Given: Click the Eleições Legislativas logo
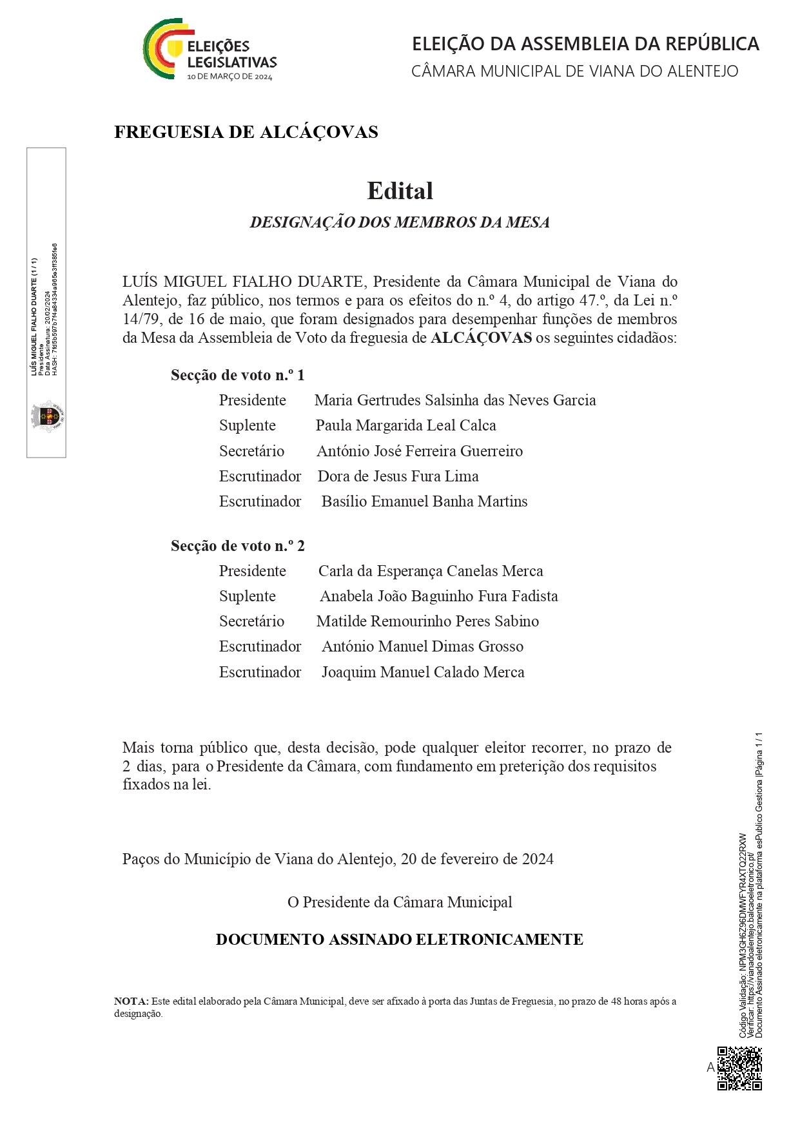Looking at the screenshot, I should point(210,50).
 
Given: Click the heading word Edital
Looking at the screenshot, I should point(400,191).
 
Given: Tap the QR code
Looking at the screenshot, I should point(739,1068).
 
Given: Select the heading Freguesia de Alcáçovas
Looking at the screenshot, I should point(246,132).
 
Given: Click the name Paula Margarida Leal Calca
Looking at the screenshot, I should point(405,425).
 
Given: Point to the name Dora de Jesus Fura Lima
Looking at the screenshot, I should point(398,476).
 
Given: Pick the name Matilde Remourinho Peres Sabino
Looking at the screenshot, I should point(427,621).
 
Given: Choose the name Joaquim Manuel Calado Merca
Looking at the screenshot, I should point(423,672).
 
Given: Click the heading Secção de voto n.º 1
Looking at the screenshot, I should point(237,375).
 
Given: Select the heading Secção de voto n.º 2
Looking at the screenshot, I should point(237,546).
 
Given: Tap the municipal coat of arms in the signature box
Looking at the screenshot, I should point(48,416).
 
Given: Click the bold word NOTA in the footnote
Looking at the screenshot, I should point(131,1001).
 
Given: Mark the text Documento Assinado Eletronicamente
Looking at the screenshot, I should point(399,940).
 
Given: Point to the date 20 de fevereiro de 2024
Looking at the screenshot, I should point(477,859).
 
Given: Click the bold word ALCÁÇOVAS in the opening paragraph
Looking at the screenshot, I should point(481,338).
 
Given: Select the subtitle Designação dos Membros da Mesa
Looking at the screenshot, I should point(400,222).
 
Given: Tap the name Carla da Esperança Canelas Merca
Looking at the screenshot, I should point(431,571).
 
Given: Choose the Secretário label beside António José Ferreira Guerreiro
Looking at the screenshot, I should point(251,451).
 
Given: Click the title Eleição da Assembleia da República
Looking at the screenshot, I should point(585,44).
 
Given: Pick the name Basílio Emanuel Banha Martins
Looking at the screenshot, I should point(424,501).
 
